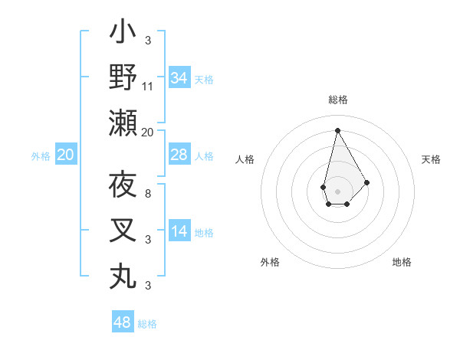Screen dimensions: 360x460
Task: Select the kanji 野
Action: [123, 77]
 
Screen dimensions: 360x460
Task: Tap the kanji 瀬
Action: [123, 123]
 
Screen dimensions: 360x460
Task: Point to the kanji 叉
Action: [123, 231]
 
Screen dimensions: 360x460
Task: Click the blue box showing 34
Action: [179, 77]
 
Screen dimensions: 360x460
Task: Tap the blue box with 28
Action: [179, 155]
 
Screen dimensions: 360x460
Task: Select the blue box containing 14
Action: [179, 231]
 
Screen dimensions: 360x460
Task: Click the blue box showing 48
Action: [123, 322]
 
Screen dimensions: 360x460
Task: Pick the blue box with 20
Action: [65, 155]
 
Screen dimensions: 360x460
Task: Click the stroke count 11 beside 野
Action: [148, 86]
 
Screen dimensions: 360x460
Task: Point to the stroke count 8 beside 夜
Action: [147, 193]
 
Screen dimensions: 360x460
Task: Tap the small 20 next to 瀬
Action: [148, 132]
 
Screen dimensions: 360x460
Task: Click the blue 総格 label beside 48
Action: [147, 323]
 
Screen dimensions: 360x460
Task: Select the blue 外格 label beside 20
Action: [41, 155]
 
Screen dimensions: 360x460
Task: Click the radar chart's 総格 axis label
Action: [337, 100]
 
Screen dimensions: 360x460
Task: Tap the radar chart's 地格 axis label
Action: [402, 262]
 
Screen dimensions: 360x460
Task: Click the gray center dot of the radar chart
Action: [337, 191]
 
